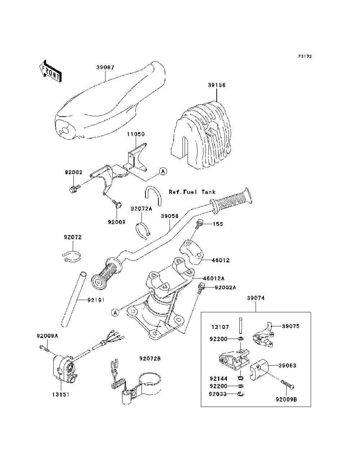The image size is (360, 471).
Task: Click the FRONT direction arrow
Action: tap(50, 71)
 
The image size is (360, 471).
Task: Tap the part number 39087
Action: tap(105, 67)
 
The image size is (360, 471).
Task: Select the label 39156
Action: tap(217, 85)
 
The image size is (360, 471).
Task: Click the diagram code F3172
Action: tap(305, 56)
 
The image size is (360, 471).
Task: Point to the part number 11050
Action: tap(135, 134)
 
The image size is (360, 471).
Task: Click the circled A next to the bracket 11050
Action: tap(163, 172)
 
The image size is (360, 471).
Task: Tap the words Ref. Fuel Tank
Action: tap(192, 192)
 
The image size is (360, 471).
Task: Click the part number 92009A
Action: tap(47, 336)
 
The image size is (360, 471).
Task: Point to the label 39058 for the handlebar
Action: tap(170, 216)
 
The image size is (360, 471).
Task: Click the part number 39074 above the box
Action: tap(256, 298)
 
